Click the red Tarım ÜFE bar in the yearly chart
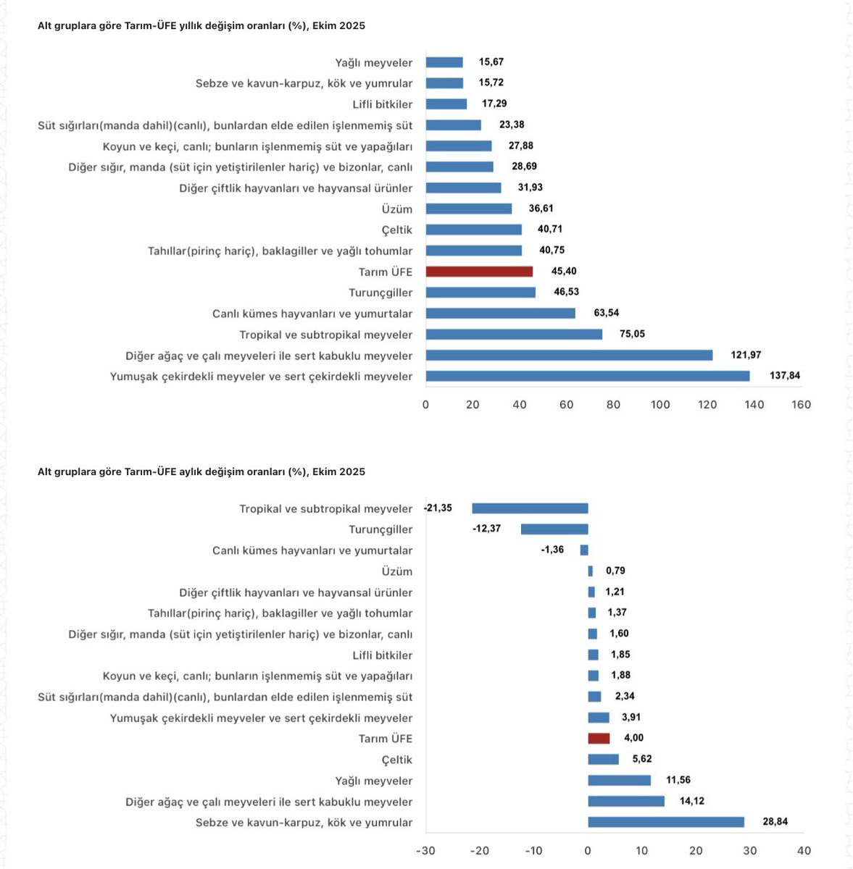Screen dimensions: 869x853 (479, 272)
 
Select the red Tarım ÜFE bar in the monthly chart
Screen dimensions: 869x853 (599, 739)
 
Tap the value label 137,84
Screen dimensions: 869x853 (785, 376)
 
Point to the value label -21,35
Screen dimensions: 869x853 (438, 508)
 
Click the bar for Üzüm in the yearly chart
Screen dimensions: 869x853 (469, 209)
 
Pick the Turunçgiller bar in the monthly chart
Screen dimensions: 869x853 (554, 529)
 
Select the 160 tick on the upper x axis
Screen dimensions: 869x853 (801, 405)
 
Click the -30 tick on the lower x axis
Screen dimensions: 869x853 (425, 851)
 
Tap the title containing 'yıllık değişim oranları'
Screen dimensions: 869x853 (201, 26)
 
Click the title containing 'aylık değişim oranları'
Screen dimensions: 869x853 (201, 472)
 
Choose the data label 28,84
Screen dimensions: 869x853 (775, 822)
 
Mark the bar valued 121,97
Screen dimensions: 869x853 (569, 356)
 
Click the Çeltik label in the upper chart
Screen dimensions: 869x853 (397, 230)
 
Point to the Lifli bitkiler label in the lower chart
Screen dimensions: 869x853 (383, 655)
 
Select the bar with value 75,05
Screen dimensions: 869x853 (514, 335)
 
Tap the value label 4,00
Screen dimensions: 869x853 (633, 738)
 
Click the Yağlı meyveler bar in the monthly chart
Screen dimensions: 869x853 (619, 781)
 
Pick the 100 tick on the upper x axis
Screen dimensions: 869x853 (660, 405)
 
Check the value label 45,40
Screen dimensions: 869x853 (564, 272)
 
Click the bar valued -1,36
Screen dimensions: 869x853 (584, 550)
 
